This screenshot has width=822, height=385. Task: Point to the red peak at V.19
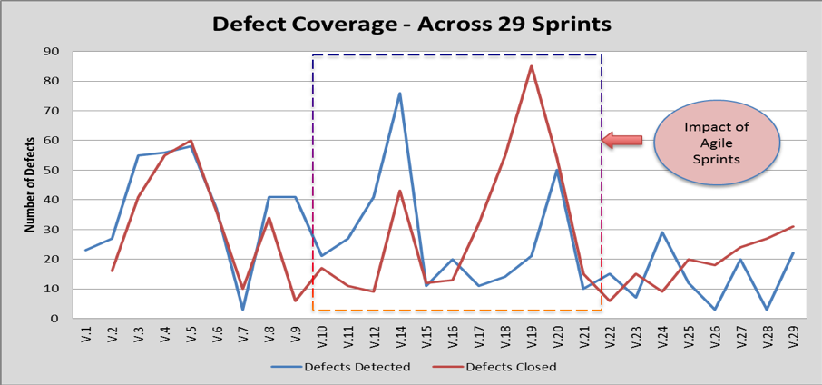tap(531, 66)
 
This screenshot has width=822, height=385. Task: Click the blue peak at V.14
tap(399, 94)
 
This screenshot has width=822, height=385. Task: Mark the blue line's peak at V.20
tap(556, 171)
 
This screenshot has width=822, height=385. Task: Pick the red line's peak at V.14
tap(399, 191)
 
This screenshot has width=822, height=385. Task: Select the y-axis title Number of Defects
tap(31, 184)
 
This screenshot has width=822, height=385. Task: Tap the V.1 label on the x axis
tap(85, 338)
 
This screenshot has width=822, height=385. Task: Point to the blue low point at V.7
tap(242, 310)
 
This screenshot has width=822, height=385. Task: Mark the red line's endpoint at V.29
tap(792, 227)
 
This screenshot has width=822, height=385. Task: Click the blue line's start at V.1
tap(85, 250)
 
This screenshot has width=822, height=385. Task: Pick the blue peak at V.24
tap(662, 232)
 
